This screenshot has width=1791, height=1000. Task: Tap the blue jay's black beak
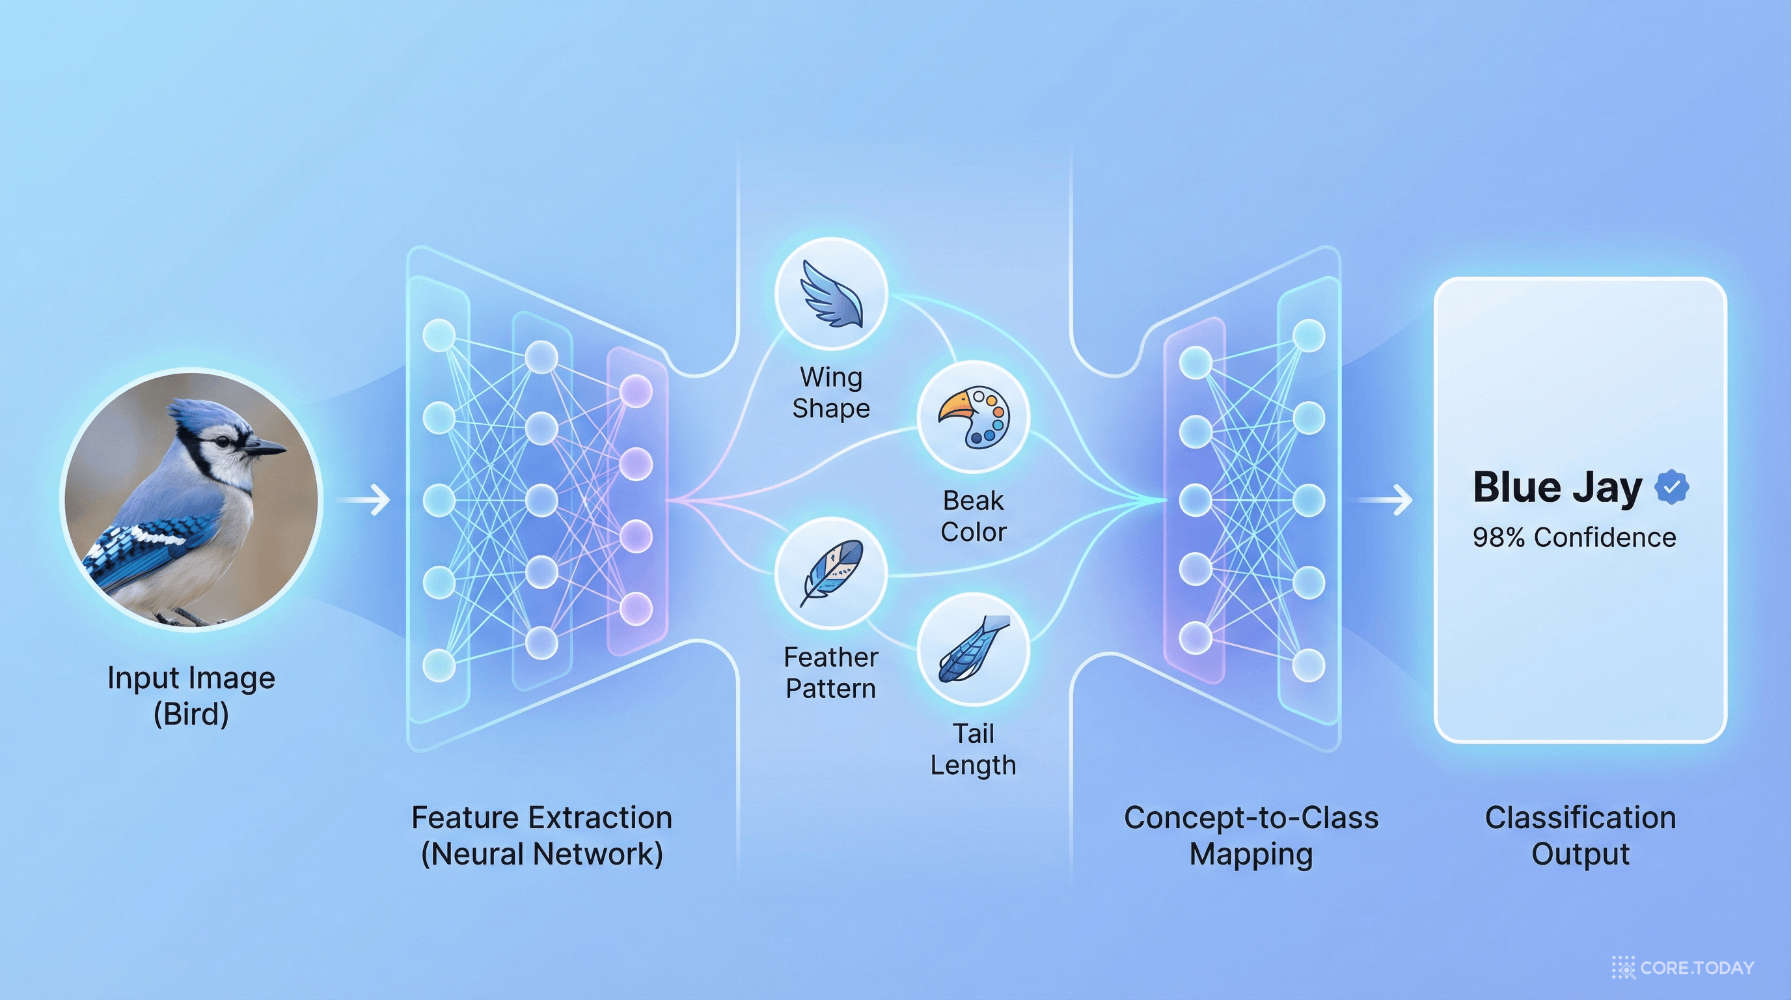[266, 449]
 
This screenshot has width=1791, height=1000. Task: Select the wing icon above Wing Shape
[831, 294]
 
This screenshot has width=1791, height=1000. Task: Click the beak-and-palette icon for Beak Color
[973, 417]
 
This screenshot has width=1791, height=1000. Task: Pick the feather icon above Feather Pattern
[831, 574]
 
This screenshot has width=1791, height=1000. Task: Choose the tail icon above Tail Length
[973, 650]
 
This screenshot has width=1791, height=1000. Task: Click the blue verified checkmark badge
[1671, 487]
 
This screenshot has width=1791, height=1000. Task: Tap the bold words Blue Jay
[1557, 487]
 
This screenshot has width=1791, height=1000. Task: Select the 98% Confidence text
[1574, 538]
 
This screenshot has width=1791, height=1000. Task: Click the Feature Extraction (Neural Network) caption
[541, 836]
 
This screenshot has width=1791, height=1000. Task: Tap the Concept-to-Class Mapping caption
[1251, 836]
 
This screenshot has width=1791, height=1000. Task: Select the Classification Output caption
[1580, 836]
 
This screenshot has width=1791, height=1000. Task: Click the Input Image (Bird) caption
[191, 695]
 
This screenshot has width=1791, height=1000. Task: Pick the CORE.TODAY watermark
[1683, 967]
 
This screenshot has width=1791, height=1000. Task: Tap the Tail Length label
[973, 749]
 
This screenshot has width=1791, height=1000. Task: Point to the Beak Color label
[973, 517]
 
